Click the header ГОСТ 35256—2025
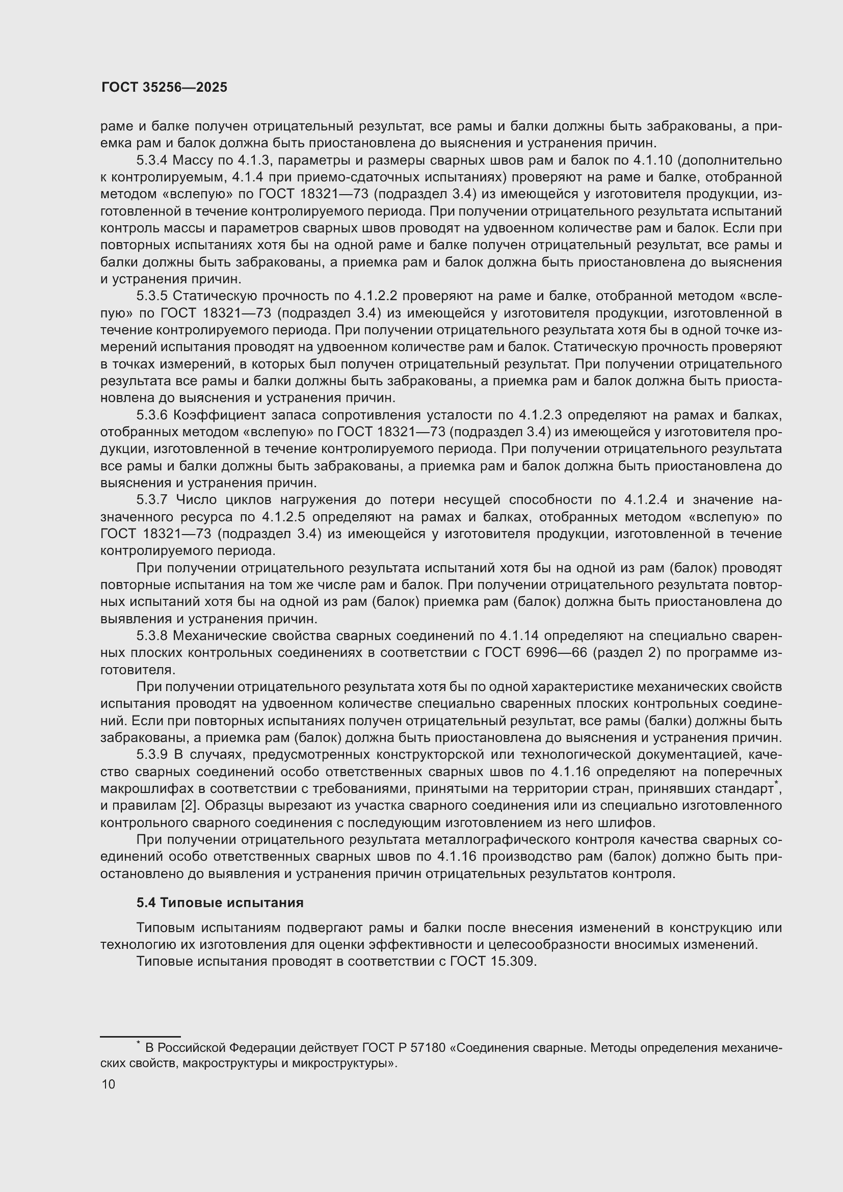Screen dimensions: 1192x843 [164, 87]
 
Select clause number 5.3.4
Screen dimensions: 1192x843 [152, 161]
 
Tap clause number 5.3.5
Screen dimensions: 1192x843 [152, 296]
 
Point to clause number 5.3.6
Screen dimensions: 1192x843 [152, 415]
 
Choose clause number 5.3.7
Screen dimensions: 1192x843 [152, 499]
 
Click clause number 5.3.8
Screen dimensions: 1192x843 [152, 635]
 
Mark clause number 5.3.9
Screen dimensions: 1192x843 [152, 754]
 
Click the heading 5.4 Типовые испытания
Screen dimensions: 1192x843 [220, 903]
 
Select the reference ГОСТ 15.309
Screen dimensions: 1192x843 [492, 962]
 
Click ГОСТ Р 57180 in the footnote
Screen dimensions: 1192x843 [404, 1048]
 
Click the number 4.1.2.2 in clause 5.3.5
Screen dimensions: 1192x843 [375, 296]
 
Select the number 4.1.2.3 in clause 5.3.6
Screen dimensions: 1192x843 [540, 415]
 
